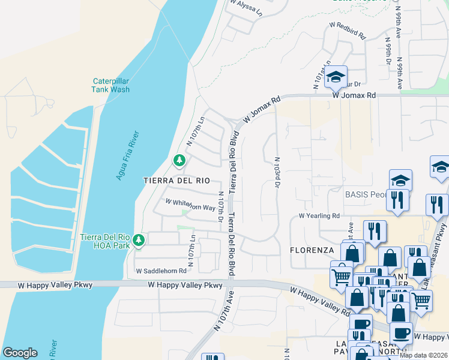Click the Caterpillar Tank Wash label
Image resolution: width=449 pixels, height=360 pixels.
point(111,85)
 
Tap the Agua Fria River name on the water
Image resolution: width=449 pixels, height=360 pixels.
point(128,155)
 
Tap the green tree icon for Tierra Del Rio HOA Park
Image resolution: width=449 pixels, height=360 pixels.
point(139,241)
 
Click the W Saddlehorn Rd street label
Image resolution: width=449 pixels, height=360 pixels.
point(161,271)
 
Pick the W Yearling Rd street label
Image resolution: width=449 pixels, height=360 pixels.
point(319,216)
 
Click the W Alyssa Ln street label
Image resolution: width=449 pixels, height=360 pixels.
point(246,7)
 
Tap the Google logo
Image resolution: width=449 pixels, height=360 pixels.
point(20,353)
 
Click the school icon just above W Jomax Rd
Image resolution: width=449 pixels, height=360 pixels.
point(336,76)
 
